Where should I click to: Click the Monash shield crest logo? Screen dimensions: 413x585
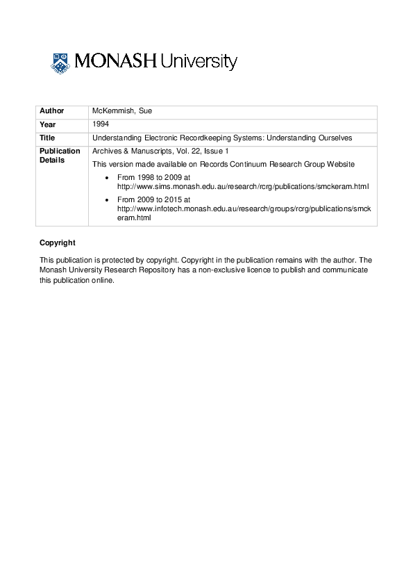(x=60, y=63)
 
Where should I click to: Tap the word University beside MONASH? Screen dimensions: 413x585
(x=199, y=63)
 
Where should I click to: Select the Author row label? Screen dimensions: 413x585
(x=52, y=111)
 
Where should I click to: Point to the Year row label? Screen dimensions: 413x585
(x=48, y=125)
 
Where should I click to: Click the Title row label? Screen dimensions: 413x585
(x=48, y=138)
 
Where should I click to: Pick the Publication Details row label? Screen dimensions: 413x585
(x=60, y=155)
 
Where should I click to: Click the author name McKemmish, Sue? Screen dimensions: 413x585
(x=117, y=111)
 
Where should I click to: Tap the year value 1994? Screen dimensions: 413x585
(x=101, y=124)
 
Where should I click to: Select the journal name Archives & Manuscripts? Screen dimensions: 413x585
(x=131, y=151)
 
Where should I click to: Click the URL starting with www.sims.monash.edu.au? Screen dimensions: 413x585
(x=243, y=187)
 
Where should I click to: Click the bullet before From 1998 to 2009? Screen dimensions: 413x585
(x=106, y=179)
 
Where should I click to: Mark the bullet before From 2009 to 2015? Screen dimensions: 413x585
(x=106, y=200)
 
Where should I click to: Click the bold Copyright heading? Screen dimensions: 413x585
(x=58, y=242)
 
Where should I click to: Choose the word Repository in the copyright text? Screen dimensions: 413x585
(x=157, y=270)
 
